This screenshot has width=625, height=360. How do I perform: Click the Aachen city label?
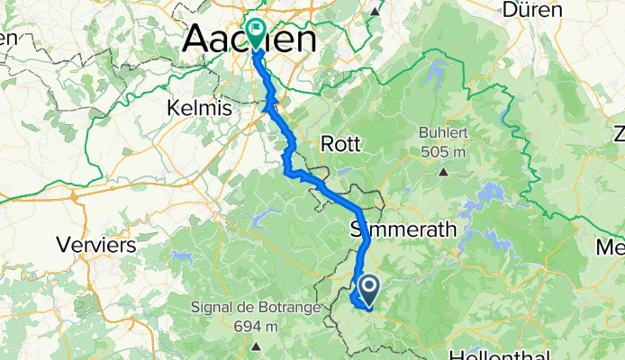coord(249,40)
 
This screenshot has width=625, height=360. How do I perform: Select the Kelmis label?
coord(199,108)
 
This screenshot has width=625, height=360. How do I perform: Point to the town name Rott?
coord(341,143)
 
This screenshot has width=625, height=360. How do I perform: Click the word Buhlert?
coord(443,132)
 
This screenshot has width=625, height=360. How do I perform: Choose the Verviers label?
coord(95,244)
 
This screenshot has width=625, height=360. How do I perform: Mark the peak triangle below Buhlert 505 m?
coord(443,169)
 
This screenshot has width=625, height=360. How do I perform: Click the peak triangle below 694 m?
coord(256,345)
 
